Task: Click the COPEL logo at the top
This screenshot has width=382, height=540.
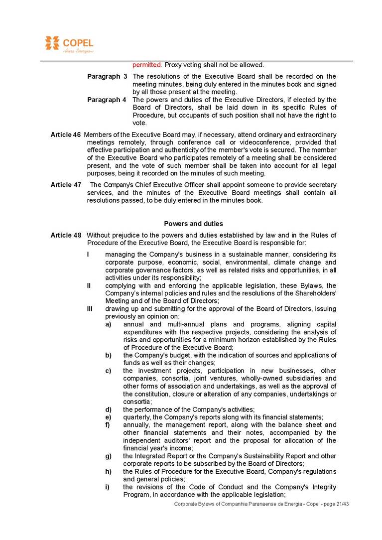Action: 69,44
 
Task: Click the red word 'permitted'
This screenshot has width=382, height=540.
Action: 147,65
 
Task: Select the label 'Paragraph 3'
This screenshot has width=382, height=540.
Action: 107,76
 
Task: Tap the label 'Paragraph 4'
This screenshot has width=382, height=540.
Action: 107,100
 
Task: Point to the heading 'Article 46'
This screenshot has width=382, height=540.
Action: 66,135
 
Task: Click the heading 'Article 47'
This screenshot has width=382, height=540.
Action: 66,185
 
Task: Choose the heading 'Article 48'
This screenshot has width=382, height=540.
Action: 66,235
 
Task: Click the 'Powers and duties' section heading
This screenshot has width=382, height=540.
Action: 193,224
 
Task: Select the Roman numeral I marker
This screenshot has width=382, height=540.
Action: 88,255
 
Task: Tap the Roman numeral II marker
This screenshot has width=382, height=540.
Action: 89,285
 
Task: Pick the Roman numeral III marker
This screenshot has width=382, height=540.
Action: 90,309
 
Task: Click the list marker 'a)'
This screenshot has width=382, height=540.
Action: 108,324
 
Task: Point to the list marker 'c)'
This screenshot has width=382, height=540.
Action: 108,371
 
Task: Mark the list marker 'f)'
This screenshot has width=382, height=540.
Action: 108,425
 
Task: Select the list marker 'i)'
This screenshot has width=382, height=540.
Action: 107,487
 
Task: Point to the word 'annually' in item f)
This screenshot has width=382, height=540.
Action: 137,425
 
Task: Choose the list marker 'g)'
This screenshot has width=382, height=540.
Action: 108,456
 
